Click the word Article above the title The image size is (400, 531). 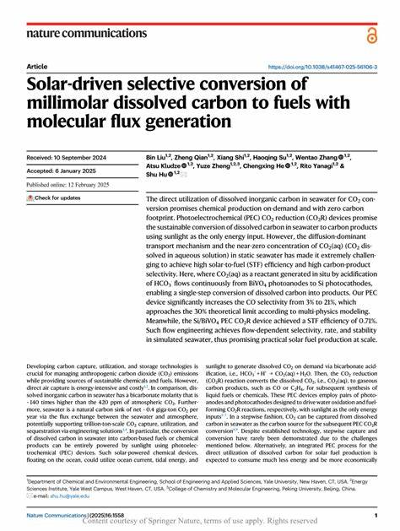(x=37, y=67)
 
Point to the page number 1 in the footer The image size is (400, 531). (x=375, y=515)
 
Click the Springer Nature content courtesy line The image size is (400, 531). (x=200, y=523)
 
